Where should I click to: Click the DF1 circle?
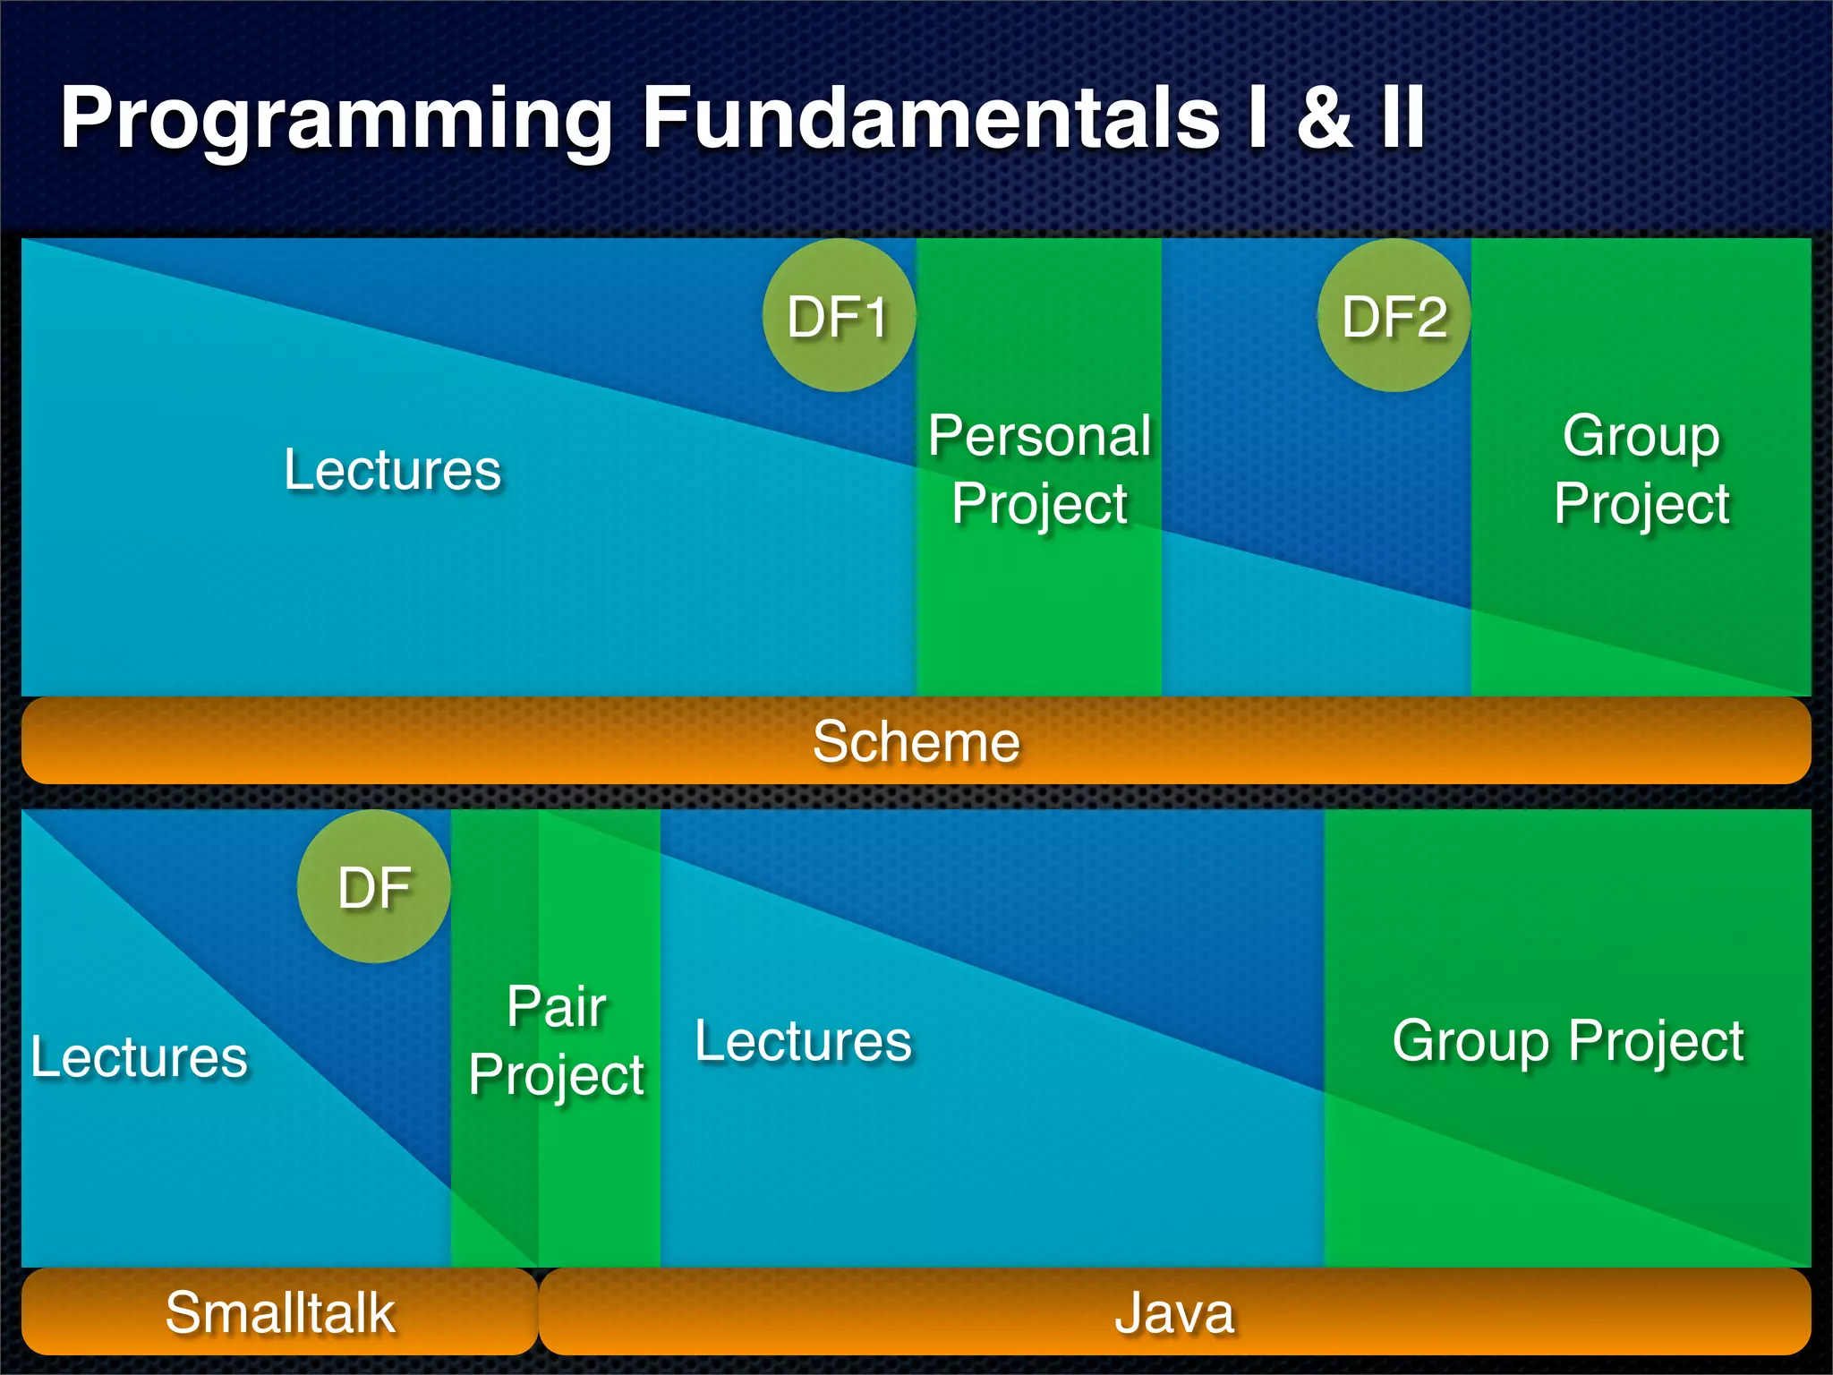(839, 316)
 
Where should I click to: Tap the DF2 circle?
(1394, 316)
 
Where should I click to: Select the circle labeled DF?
(374, 887)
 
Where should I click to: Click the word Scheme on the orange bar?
(916, 741)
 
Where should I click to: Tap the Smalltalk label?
(279, 1312)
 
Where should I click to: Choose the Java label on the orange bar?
(1174, 1312)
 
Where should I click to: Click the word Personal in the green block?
(1039, 436)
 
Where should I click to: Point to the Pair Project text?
(557, 1040)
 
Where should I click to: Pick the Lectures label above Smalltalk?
(139, 1056)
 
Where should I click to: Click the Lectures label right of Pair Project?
(803, 1040)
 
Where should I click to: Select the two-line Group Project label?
(1641, 469)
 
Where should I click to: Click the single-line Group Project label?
(1568, 1040)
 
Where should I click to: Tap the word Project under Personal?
(1039, 504)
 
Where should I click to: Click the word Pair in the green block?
(557, 1005)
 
